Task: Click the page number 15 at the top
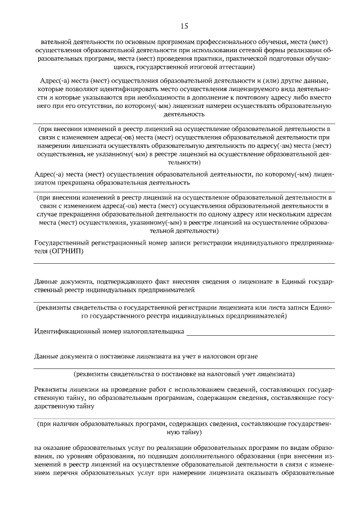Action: (184, 26)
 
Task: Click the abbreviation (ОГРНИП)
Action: (67, 251)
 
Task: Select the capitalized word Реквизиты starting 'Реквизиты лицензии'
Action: (51, 389)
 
